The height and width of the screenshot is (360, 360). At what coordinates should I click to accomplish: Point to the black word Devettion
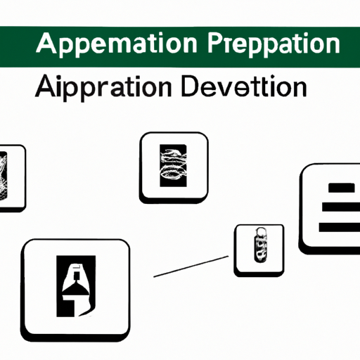[x=244, y=86]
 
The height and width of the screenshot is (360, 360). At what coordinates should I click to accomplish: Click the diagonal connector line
[x=191, y=266]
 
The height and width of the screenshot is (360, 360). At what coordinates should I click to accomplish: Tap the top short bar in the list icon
[x=342, y=188]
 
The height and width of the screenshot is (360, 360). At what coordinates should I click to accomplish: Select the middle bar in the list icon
[x=341, y=207]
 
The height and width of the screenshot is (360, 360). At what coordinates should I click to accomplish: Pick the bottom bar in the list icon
[x=339, y=227]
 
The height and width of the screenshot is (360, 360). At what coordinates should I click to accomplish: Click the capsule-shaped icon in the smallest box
[x=261, y=245]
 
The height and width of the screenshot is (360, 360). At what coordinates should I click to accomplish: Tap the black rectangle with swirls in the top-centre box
[x=173, y=165]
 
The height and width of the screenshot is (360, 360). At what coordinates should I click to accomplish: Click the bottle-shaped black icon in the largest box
[x=76, y=286]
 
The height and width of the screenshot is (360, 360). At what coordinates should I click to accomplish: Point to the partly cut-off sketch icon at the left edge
[x=4, y=176]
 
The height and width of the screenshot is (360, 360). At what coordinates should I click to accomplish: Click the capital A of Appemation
[x=46, y=44]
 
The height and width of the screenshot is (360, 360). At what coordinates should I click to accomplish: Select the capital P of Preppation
[x=214, y=44]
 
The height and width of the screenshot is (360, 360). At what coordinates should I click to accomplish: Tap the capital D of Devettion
[x=190, y=86]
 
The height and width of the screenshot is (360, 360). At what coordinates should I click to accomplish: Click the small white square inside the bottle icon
[x=77, y=276]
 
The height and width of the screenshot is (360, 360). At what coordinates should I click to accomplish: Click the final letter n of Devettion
[x=300, y=89]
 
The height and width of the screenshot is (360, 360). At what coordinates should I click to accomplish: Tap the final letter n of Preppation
[x=333, y=45]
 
